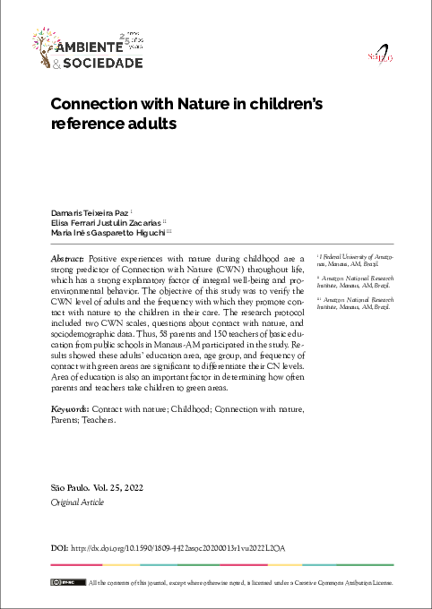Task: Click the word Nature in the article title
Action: point(206,105)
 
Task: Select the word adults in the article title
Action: point(147,126)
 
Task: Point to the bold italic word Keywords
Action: point(72,407)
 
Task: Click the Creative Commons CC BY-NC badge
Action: point(61,583)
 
